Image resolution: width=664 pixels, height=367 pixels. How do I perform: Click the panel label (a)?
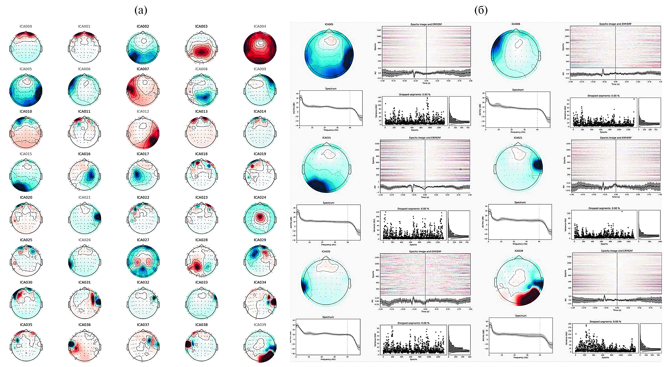[141, 11]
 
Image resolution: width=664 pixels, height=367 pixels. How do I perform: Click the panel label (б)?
[481, 11]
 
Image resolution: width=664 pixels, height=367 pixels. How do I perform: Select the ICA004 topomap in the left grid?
[260, 48]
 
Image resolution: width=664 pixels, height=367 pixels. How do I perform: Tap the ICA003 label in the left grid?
[201, 26]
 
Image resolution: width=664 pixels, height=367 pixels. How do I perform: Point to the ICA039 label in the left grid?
[260, 325]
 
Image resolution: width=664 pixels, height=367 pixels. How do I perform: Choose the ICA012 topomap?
[143, 133]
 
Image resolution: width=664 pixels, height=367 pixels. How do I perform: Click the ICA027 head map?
[143, 261]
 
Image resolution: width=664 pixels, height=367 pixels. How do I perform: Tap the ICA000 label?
[26, 26]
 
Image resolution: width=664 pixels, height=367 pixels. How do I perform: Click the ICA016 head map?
[84, 175]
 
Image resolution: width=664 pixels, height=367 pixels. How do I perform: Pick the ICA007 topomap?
[143, 90]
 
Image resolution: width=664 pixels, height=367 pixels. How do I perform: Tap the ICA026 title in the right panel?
[326, 251]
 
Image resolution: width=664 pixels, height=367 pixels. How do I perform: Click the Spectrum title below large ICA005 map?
[331, 88]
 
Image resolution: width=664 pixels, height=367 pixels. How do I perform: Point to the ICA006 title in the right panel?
[516, 24]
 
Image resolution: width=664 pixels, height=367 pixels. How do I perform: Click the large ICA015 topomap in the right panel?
[326, 168]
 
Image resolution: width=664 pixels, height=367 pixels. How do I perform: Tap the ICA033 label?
[201, 282]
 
